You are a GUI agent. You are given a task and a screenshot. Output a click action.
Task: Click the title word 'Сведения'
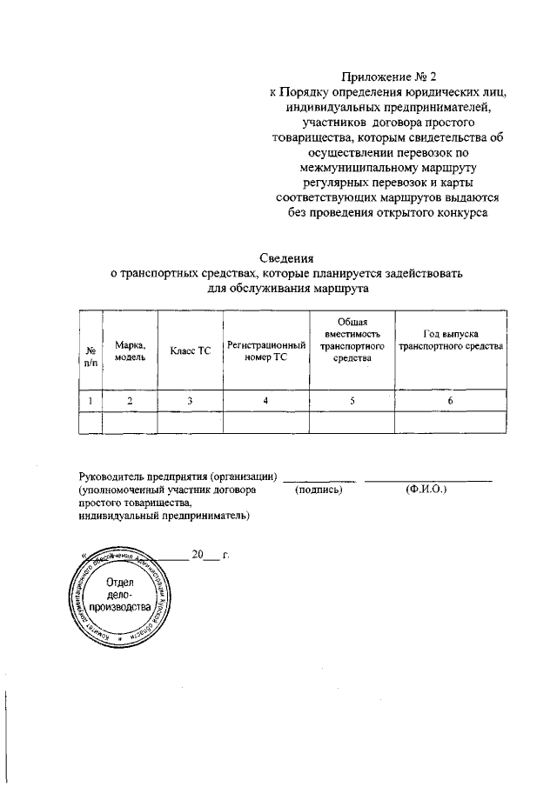288,257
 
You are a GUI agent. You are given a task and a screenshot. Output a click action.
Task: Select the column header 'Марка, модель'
130,350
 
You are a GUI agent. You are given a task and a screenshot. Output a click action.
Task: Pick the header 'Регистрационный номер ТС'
265,351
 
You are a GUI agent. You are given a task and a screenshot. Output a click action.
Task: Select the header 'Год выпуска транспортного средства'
450,340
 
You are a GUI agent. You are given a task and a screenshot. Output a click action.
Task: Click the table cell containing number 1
91,400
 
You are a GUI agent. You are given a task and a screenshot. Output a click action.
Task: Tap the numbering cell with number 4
265,400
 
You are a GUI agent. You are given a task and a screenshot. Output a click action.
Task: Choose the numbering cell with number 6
450,400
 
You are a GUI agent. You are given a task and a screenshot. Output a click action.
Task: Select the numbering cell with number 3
191,400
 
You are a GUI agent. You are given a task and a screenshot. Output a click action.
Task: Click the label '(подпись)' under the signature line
319,490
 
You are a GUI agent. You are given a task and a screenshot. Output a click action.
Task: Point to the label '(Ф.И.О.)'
426,490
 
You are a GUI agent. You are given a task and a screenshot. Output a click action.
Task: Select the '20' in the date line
198,554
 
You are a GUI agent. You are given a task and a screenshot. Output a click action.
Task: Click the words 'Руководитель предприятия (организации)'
178,477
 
